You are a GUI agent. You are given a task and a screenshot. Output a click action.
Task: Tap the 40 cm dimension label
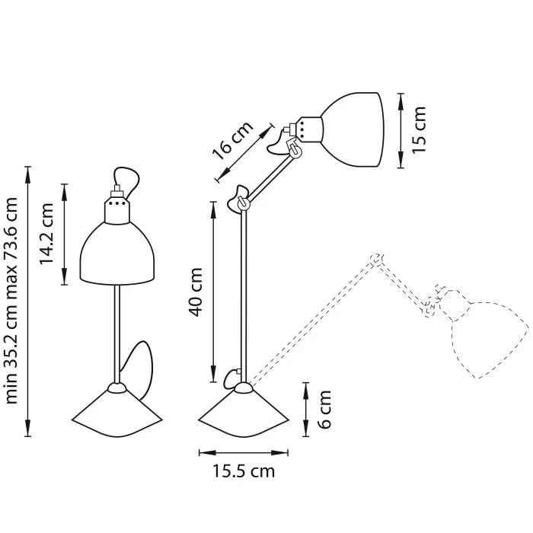click(196, 292)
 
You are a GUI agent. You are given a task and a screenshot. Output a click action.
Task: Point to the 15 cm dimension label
click(419, 129)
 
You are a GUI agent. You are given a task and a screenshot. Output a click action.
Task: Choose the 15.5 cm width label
click(242, 471)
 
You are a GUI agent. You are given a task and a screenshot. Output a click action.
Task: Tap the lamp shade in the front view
click(120, 255)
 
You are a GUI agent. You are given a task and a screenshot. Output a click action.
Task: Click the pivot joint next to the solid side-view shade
click(292, 150)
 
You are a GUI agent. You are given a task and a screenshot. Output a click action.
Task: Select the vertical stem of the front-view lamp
click(117, 335)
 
